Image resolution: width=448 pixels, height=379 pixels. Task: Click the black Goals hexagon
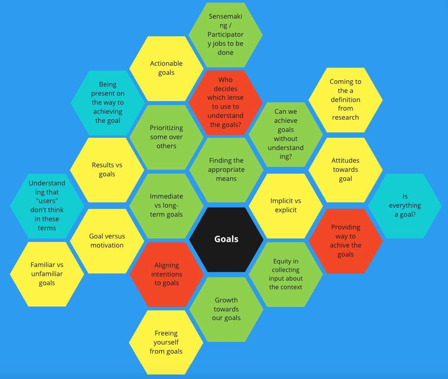coord(226,239)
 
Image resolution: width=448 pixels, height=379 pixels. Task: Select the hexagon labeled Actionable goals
coord(166,68)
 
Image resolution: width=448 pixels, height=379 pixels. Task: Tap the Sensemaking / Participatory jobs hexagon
coord(225,34)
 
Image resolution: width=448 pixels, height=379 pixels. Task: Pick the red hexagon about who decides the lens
coord(225,102)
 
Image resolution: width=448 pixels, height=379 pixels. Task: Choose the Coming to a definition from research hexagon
coord(345,100)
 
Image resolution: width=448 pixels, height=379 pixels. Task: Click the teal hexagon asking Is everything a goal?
coord(404,206)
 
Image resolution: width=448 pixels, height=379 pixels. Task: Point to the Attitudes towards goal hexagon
coord(345,170)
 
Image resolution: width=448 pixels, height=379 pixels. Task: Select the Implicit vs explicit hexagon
coord(286,205)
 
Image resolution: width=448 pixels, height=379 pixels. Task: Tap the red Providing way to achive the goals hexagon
coord(345,241)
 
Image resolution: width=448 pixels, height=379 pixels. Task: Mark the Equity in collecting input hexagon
coord(286,274)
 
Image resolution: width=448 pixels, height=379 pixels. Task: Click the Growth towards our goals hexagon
coord(226,309)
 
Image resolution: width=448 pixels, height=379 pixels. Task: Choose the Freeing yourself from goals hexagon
coord(166,342)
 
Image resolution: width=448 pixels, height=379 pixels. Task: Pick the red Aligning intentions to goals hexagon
coord(167,274)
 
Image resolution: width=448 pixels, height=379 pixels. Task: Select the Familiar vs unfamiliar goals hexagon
coord(47,274)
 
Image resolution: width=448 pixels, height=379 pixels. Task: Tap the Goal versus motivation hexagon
coord(107,241)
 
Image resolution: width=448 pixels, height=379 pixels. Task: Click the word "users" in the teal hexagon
coord(47,201)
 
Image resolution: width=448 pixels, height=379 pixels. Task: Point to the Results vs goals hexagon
coord(107,170)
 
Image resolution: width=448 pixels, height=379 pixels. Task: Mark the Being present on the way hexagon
coord(108,102)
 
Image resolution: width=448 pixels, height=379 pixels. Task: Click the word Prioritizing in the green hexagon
coord(166,128)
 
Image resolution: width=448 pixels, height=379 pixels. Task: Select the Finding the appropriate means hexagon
coord(226,170)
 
